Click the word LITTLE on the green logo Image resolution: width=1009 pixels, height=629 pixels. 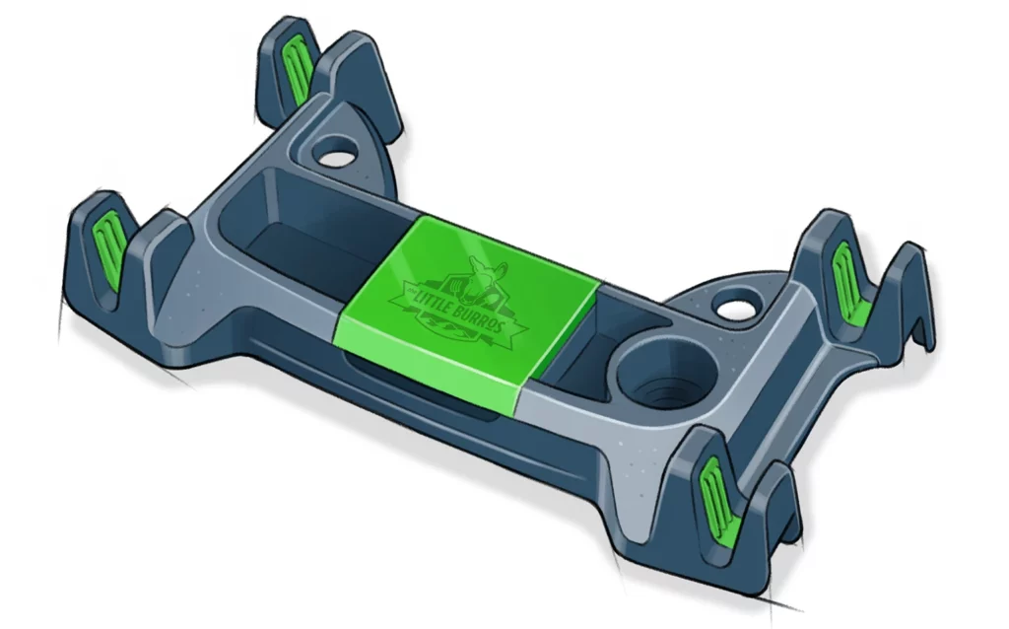(x=423, y=295)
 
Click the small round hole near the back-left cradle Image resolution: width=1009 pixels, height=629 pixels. (x=335, y=156)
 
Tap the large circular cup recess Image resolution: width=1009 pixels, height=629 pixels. (x=654, y=380)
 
